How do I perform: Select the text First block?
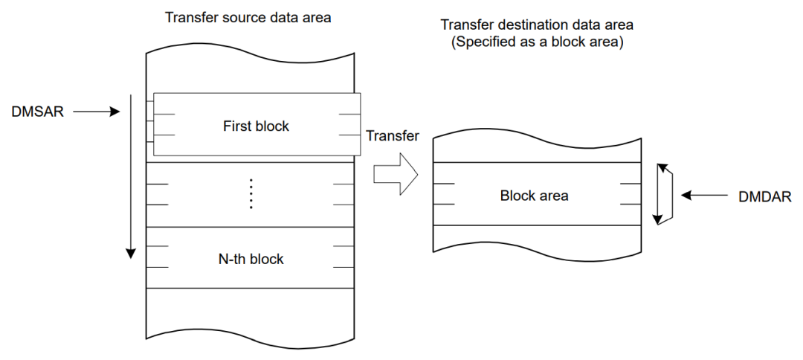tap(256, 126)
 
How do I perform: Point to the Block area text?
tap(534, 196)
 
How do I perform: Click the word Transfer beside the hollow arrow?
tap(393, 136)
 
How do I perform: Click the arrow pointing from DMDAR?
tap(706, 196)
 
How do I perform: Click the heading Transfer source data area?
tap(248, 16)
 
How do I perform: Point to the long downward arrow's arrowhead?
tap(131, 253)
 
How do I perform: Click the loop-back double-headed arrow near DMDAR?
tap(663, 195)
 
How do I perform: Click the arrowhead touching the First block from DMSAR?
tap(115, 112)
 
